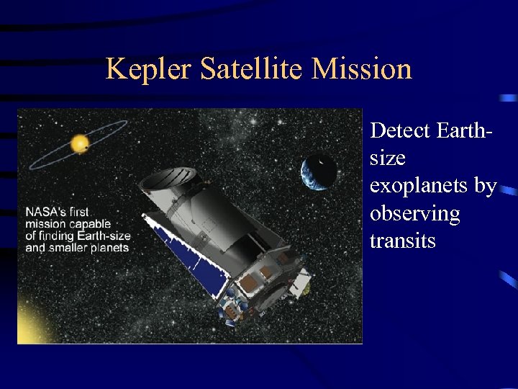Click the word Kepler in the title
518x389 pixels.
pyautogui.click(x=149, y=69)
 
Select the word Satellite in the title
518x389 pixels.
pyautogui.click(x=253, y=69)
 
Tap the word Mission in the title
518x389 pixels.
pyautogui.click(x=362, y=69)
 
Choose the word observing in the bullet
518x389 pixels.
pyautogui.click(x=414, y=213)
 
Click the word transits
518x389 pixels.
pyautogui.click(x=402, y=241)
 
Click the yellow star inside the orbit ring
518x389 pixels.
pyautogui.click(x=79, y=143)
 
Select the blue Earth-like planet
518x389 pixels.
pyautogui.click(x=319, y=171)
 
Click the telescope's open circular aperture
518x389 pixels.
pyautogui.click(x=169, y=178)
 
